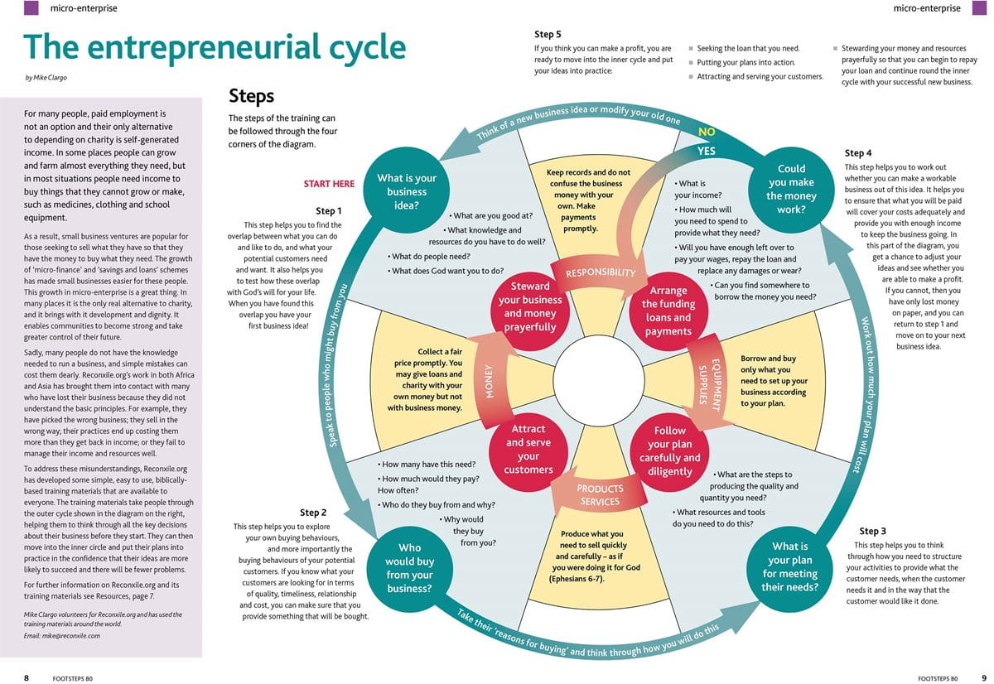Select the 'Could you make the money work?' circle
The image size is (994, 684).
tap(791, 190)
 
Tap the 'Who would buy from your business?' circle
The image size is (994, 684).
tap(409, 568)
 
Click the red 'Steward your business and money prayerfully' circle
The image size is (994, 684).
tap(530, 306)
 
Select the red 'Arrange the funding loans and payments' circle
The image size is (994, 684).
tap(668, 311)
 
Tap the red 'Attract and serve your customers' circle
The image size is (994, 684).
tap(528, 450)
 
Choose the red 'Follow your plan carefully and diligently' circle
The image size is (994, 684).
tap(669, 451)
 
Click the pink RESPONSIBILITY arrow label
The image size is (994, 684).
tap(601, 272)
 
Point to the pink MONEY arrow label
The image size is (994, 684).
tap(490, 381)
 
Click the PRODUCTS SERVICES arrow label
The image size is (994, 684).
tap(600, 495)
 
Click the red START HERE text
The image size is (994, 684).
tap(329, 184)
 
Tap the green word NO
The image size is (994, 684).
tap(707, 132)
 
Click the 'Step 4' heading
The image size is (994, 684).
tap(858, 153)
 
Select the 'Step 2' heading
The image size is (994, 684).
tap(313, 513)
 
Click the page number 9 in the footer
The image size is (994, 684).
tap(983, 677)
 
